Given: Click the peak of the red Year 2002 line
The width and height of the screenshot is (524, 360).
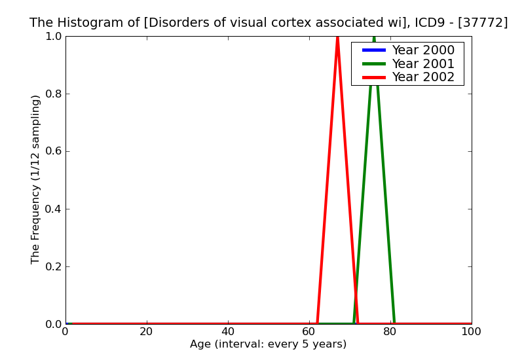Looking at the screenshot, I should pos(337,37).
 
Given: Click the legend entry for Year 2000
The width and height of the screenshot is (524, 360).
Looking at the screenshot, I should pos(422,50).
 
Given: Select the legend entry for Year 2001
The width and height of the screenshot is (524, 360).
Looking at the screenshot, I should pos(422,63).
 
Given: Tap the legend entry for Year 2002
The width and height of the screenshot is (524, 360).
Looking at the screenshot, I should pos(422,77).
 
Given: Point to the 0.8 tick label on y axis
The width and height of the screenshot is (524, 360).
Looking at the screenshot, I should pos(52,94).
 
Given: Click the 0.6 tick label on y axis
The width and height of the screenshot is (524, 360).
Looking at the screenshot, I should pos(52,151).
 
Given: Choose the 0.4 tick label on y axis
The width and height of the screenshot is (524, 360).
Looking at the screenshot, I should pos(52,209).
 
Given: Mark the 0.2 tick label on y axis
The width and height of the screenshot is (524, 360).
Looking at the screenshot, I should pos(52,266).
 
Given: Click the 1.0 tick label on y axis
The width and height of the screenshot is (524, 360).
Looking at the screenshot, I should pos(52,36).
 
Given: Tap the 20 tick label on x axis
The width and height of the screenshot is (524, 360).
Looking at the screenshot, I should pos(147,331).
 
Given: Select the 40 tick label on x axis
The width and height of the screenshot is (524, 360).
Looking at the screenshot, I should pos(228,331).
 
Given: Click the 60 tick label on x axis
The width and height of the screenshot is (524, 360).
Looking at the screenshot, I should pos(309,331).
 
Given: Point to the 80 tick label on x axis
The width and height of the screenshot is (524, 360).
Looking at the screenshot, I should pos(390,331).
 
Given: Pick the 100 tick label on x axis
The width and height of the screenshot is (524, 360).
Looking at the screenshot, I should pos(471,331).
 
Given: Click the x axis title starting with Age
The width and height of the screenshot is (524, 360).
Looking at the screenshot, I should pos(268,344).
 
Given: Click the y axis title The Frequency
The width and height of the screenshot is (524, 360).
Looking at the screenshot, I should pos(36,179).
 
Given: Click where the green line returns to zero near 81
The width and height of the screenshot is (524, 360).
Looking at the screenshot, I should pos(394,323).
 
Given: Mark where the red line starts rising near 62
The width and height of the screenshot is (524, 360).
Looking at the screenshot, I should pos(317,323).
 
